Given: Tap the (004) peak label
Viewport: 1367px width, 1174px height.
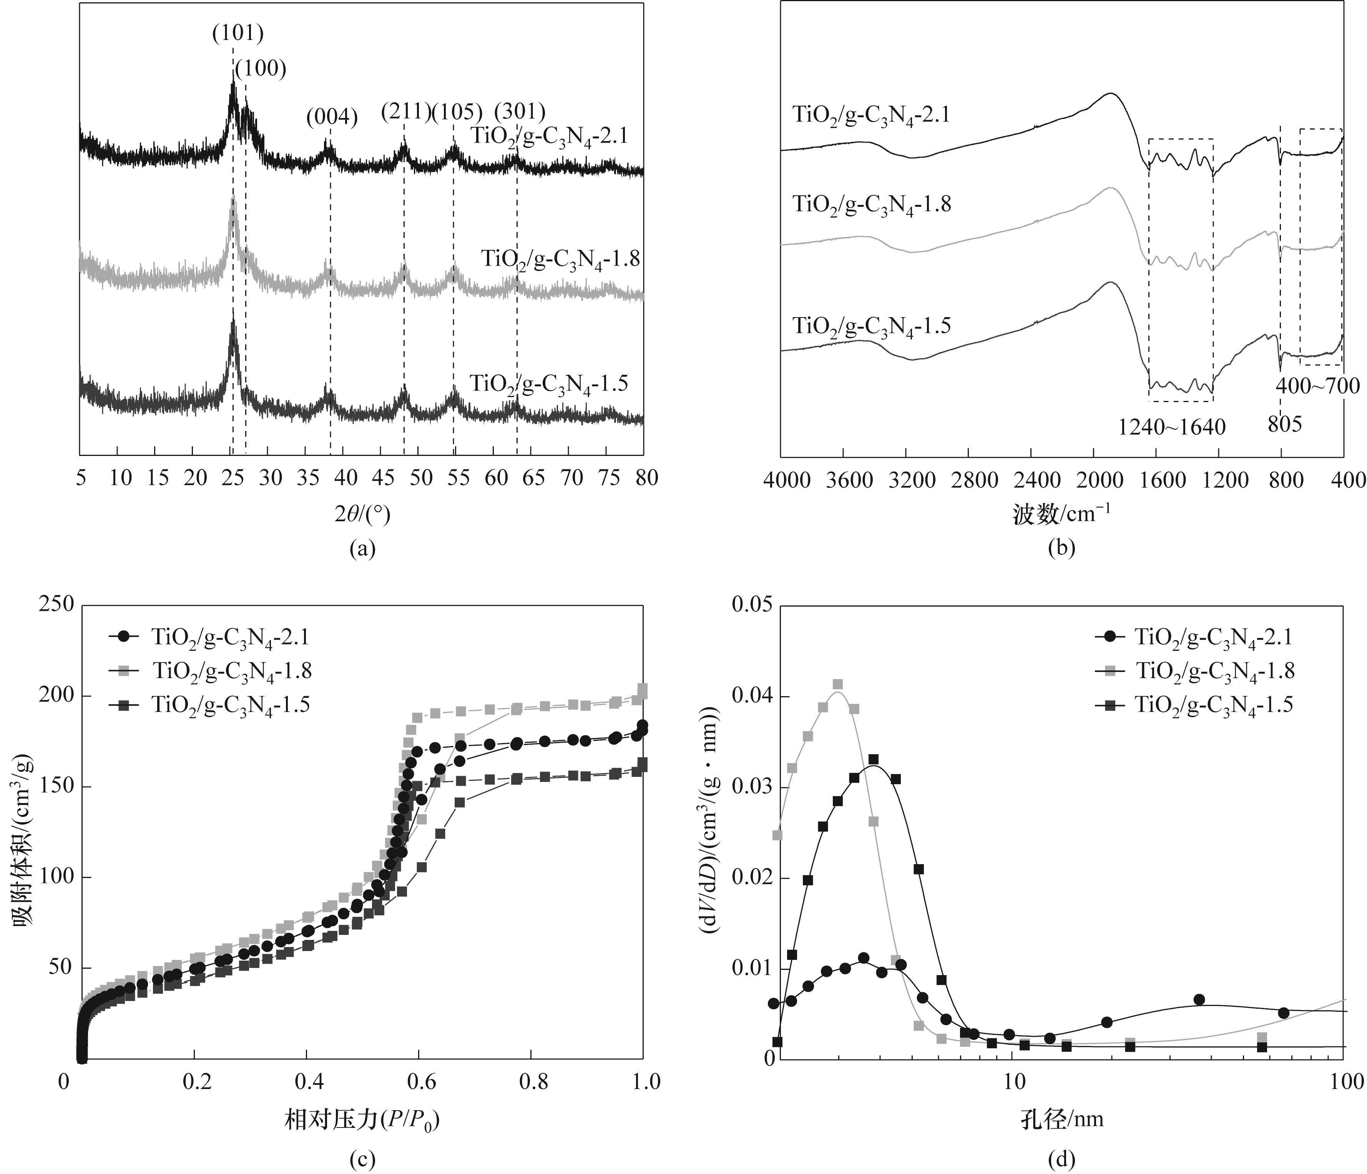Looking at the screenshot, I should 332,118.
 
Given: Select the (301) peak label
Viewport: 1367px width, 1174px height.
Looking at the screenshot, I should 520,111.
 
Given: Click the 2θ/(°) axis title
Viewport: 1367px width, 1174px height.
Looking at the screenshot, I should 362,513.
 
